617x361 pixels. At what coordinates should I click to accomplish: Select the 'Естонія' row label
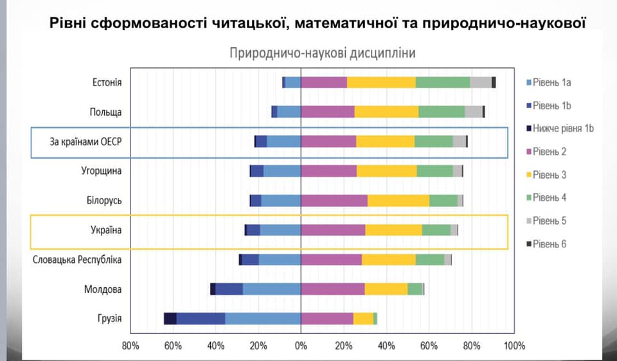point(107,82)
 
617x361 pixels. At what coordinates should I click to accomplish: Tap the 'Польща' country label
point(105,112)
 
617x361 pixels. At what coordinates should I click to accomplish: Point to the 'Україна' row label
point(105,230)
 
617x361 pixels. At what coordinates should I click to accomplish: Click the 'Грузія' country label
point(109,319)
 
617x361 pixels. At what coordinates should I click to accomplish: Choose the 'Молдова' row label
point(103,290)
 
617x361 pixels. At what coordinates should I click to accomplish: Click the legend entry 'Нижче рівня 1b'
point(559,128)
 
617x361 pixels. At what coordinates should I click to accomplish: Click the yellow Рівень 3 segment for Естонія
point(381,82)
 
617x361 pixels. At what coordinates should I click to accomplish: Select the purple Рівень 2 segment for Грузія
point(327,319)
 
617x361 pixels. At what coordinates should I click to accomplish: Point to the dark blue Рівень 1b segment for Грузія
point(201,319)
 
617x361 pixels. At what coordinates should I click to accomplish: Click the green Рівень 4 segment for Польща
point(442,112)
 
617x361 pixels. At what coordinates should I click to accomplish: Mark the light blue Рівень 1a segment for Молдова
point(271,289)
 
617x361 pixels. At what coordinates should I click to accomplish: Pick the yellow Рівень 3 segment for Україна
point(393,230)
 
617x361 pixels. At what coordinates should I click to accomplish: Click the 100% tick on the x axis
point(515,346)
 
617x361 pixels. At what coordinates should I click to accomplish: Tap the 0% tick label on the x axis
point(301,346)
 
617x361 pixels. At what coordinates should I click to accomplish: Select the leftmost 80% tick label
point(130,346)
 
